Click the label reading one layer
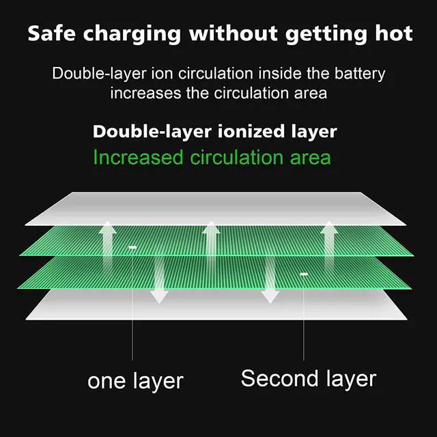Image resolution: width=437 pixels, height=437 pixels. (135, 380)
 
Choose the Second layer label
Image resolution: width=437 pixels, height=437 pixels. (309, 378)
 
